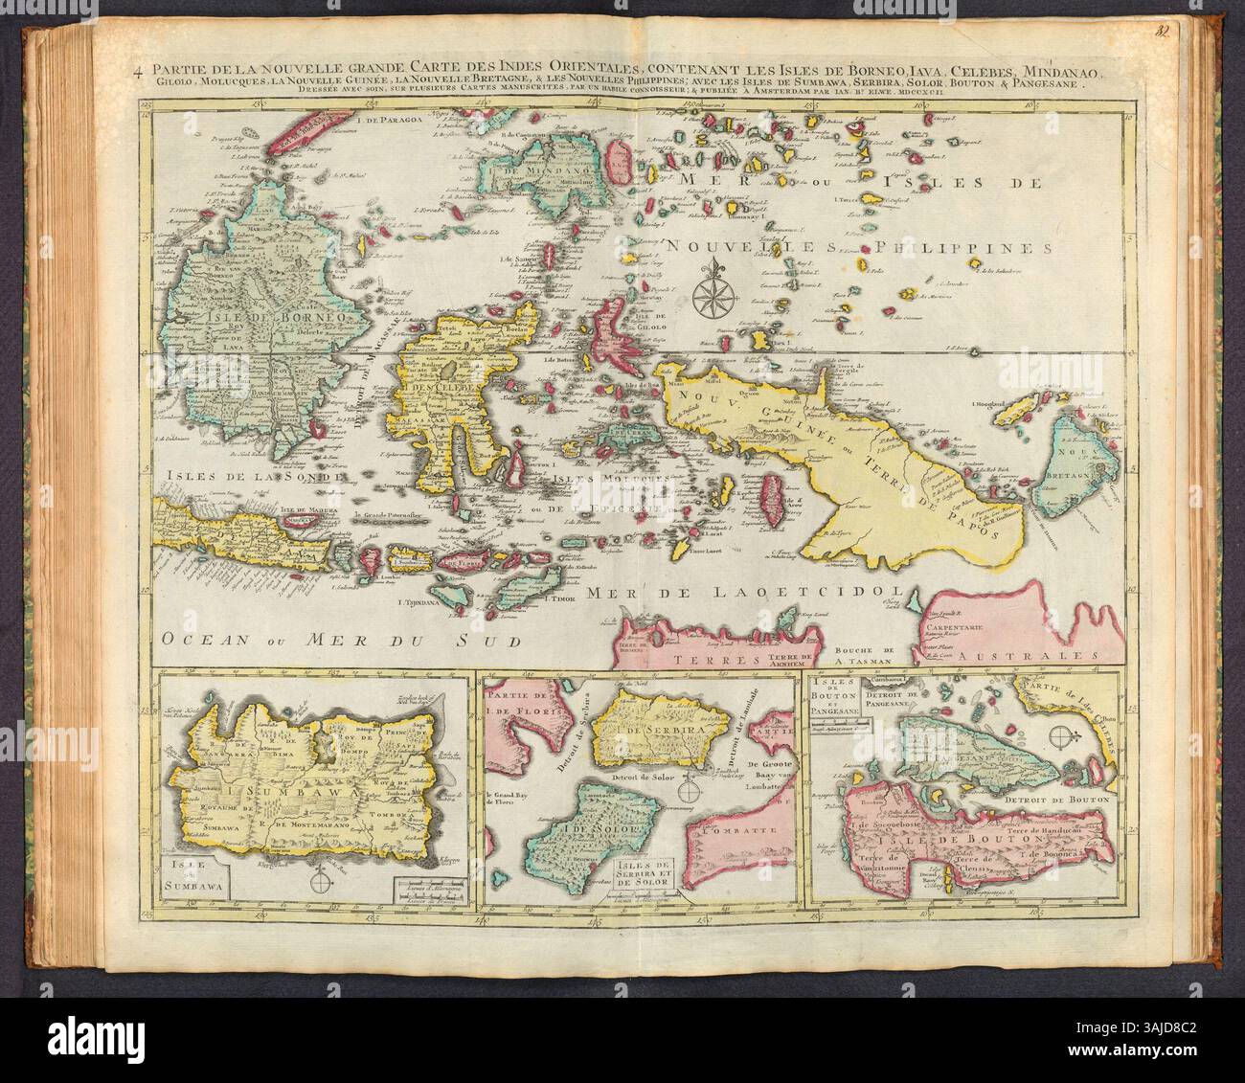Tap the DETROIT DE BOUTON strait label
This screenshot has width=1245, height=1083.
point(1062,797)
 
